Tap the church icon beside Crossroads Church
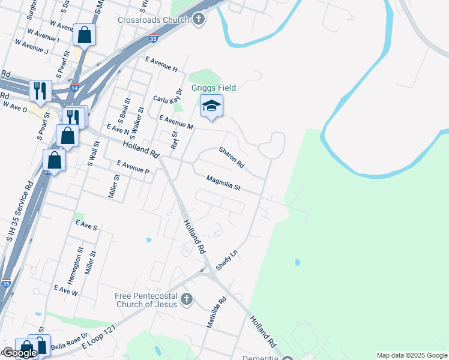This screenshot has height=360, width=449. (x=199, y=20)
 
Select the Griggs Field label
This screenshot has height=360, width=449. (x=214, y=88)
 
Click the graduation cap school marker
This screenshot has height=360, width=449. (x=211, y=106)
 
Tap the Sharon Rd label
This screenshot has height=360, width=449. (x=231, y=157)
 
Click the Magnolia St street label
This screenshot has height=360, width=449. (x=223, y=183)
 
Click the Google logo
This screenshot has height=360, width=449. (x=19, y=353)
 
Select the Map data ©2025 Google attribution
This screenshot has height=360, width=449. (x=412, y=355)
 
